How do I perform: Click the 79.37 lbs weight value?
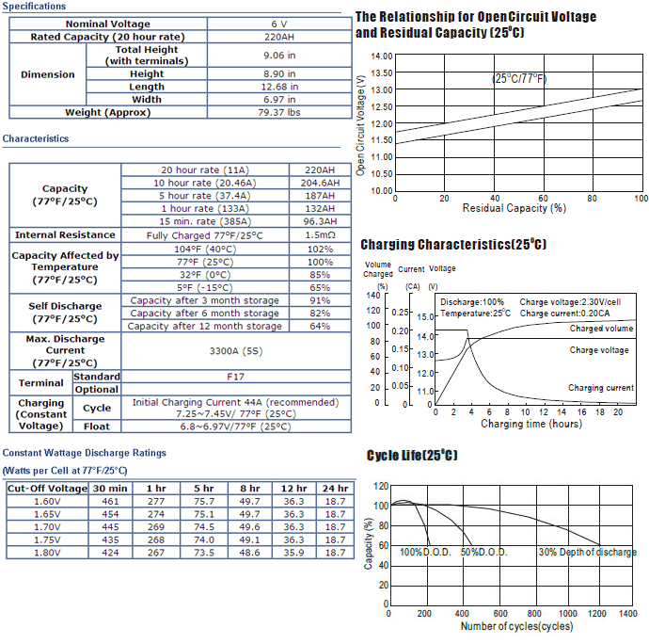[279, 112]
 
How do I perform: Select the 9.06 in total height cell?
[279, 56]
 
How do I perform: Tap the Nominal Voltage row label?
[107, 24]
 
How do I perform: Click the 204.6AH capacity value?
[320, 183]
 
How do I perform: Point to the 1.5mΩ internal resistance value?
[320, 235]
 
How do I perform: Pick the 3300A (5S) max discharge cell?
[236, 351]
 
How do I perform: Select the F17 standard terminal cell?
[235, 377]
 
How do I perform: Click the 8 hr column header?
[250, 489]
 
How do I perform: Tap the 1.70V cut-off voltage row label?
[47, 527]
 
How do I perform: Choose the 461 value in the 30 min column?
[110, 502]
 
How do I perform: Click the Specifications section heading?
[34, 7]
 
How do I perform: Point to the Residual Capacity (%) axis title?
[514, 208]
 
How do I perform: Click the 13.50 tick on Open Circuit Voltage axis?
[381, 72]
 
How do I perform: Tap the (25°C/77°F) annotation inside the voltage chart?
[519, 78]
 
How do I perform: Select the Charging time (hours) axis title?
[531, 424]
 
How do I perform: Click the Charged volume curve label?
[601, 329]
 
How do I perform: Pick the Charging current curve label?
[601, 388]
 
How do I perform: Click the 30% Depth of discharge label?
[587, 552]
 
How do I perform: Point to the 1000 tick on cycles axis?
[567, 613]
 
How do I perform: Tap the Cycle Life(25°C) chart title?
[412, 455]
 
